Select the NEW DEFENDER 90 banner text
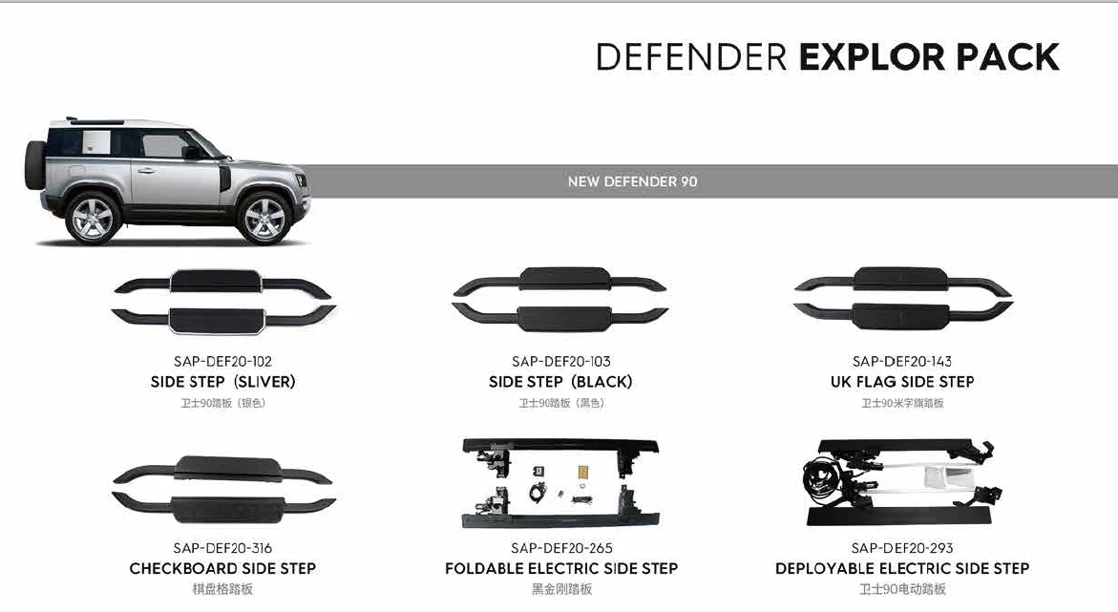632,181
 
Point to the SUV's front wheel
264,219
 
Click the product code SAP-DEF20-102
222,362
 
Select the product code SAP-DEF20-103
560,362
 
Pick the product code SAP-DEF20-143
901,362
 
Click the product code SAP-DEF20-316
222,548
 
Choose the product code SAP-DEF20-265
560,548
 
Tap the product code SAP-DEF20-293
901,548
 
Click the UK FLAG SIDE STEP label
901,382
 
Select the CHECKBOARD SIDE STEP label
222,569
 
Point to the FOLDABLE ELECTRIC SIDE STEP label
560,569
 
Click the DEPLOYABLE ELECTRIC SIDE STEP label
901,569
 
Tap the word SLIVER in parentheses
266,382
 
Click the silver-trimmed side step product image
223,300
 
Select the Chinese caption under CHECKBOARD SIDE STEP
222,589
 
